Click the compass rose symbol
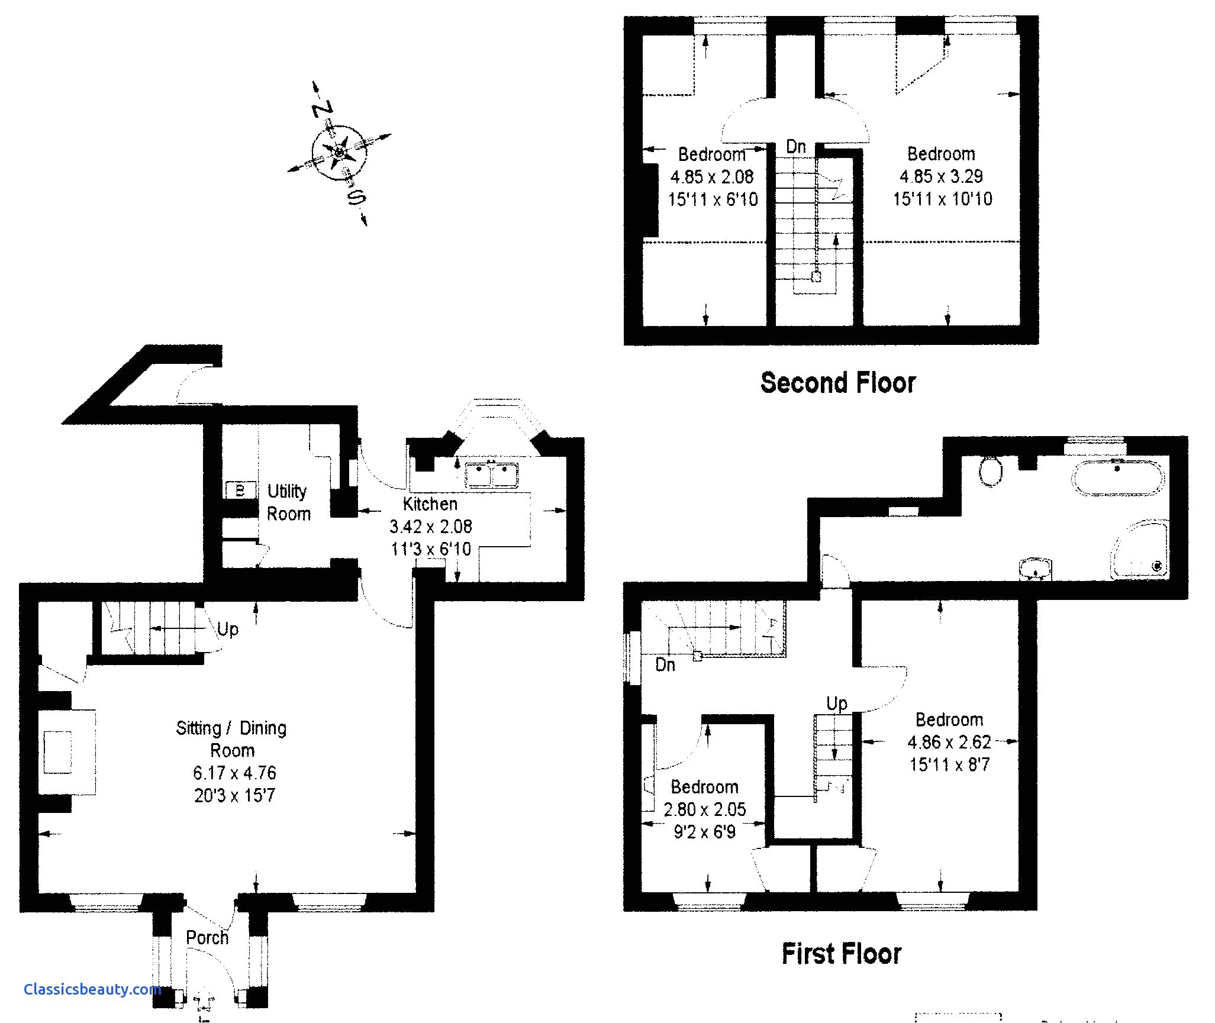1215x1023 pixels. click(x=339, y=153)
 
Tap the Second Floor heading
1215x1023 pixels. click(x=838, y=383)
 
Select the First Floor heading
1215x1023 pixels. click(x=842, y=954)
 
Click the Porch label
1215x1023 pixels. click(x=207, y=937)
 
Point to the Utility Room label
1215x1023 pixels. click(x=288, y=502)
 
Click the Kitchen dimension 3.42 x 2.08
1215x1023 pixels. click(x=430, y=526)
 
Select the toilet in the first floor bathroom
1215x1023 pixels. click(x=990, y=471)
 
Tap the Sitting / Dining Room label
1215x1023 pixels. click(x=231, y=738)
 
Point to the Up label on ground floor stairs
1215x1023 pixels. click(x=227, y=629)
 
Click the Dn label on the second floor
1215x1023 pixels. click(x=795, y=146)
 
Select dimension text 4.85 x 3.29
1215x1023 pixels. click(x=941, y=176)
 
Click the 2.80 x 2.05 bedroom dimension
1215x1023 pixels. click(x=704, y=809)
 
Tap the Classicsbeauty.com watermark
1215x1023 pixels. click(x=92, y=989)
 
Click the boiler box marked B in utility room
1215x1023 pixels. click(x=240, y=490)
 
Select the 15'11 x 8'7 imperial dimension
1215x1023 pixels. click(x=949, y=764)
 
